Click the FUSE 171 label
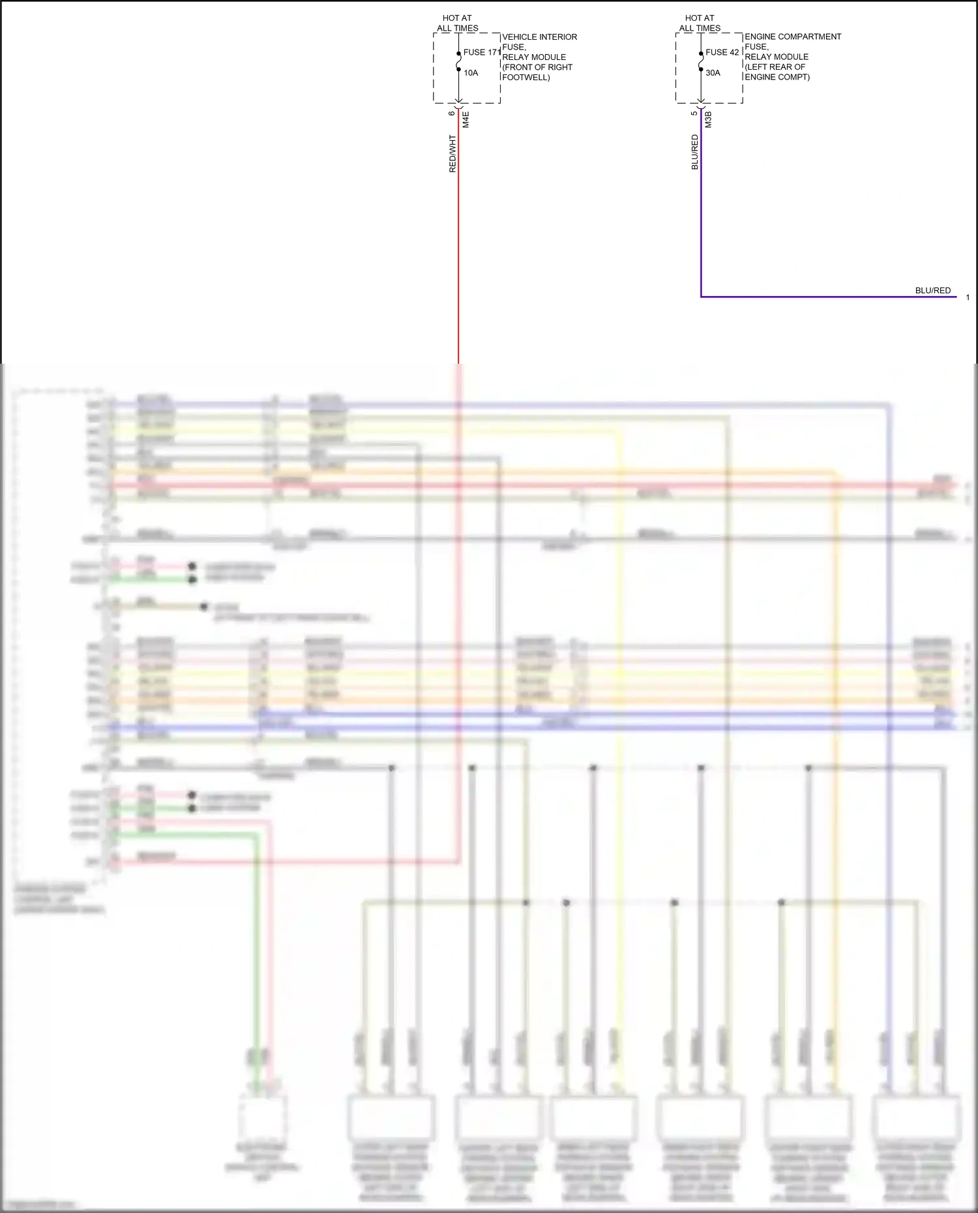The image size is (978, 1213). point(482,52)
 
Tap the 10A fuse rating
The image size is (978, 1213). point(471,73)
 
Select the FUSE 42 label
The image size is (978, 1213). point(722,52)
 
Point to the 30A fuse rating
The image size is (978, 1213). point(713,73)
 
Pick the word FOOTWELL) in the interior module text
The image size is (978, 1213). point(526,78)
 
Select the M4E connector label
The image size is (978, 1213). point(466,119)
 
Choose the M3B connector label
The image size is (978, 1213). point(708,119)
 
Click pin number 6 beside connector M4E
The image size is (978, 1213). point(452,113)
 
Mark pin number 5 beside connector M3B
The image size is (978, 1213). point(694,113)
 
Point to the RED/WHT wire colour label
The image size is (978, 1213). point(452,154)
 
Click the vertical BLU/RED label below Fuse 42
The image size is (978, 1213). point(695,153)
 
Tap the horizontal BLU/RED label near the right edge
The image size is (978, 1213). point(933,291)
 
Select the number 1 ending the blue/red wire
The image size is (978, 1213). point(968,298)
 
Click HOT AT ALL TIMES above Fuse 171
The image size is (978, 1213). point(458,23)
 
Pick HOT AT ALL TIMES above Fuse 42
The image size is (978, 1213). point(700,23)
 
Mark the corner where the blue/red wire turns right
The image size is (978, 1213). point(701,297)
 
